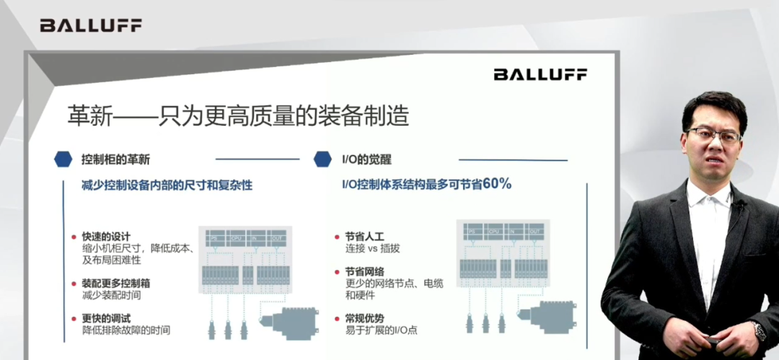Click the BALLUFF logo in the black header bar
point(91,25)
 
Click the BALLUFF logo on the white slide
point(540,74)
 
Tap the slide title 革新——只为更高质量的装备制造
point(238,115)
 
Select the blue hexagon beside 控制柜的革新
point(63,159)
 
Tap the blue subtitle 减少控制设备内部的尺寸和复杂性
point(167,185)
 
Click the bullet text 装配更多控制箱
point(116,284)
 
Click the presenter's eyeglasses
point(713,135)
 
